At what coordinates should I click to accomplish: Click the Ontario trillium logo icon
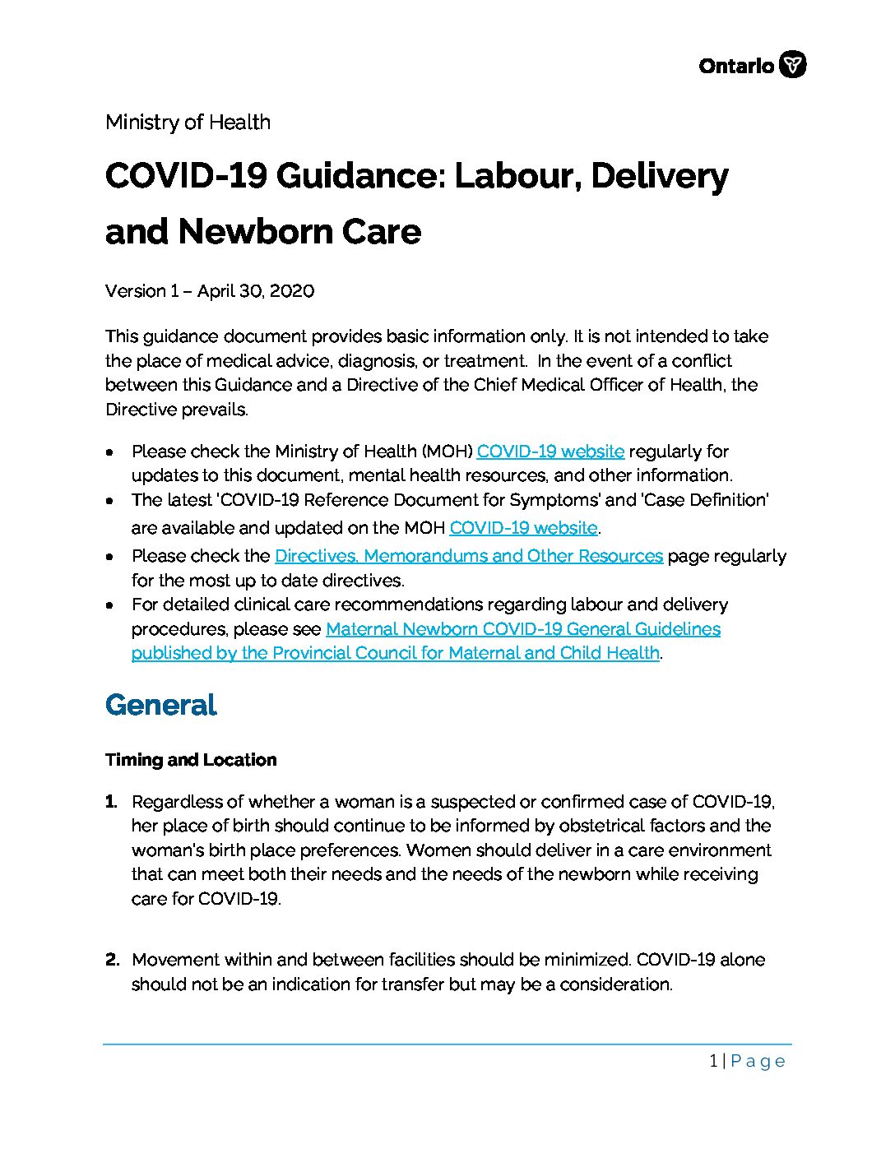coord(792,64)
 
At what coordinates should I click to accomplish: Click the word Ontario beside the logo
coord(736,66)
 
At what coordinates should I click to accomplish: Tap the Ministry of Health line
coord(188,123)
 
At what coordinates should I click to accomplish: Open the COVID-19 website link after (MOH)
coord(550,452)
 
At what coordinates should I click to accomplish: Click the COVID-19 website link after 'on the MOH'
coord(523,528)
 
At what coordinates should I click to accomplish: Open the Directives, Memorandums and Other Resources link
coord(468,556)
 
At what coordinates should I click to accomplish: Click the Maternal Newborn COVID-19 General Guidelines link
coord(523,629)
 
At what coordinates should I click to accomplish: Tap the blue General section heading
coord(161,705)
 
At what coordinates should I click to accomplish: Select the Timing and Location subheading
coord(191,760)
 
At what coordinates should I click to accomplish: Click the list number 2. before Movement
coord(112,960)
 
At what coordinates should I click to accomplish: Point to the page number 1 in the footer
coord(713,1061)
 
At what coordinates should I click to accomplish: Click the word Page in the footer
coord(758,1061)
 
